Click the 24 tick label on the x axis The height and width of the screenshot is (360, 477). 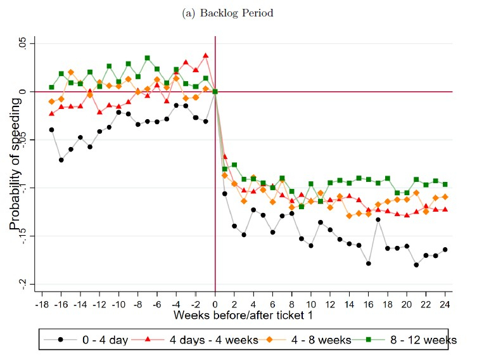coord(445,304)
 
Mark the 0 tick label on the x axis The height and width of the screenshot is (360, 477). coord(215,304)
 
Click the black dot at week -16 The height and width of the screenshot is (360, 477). coord(61,160)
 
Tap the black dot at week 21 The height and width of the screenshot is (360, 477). coord(416,265)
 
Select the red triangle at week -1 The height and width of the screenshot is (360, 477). coord(206,56)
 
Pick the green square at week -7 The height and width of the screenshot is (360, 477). coord(148,58)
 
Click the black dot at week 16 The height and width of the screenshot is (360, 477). coord(369,263)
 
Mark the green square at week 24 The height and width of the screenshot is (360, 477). coord(445,184)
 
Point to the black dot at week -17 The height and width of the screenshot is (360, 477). coord(52,129)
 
